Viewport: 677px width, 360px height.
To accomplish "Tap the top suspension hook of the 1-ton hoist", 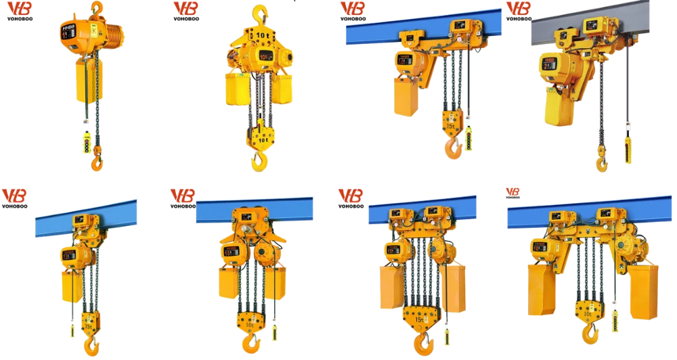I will pos(97,9).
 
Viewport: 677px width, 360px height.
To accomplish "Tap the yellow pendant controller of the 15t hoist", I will pos(447,334).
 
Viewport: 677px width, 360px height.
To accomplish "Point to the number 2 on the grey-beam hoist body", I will pos(546,64).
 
